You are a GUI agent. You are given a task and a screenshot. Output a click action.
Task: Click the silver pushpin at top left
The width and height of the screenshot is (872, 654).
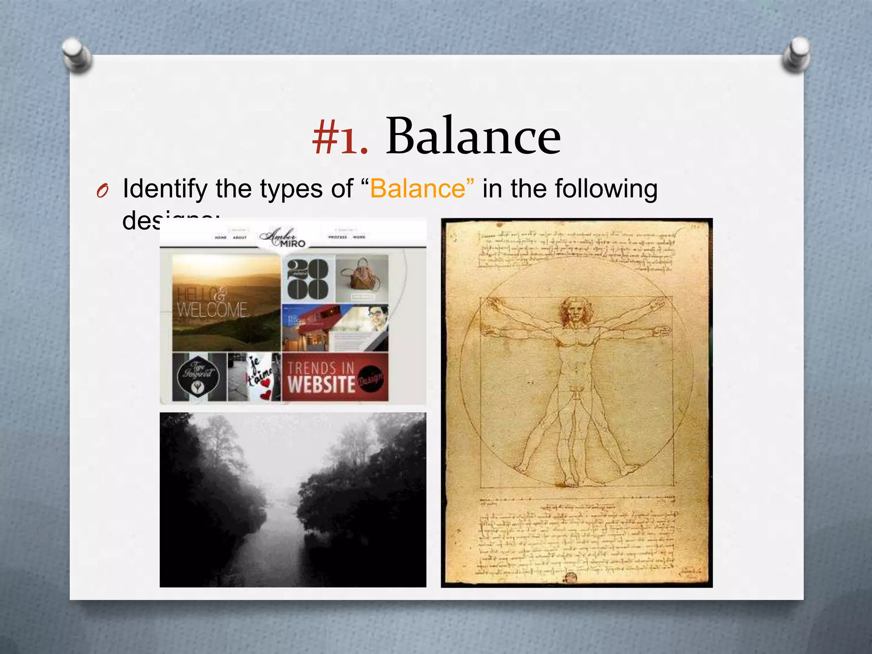[76, 54]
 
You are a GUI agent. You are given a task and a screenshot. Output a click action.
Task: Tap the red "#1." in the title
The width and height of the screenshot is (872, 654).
[339, 137]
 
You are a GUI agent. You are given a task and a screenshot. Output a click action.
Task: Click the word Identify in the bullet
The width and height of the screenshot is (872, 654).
[166, 189]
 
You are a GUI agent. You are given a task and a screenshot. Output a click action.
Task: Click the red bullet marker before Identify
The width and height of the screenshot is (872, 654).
[102, 191]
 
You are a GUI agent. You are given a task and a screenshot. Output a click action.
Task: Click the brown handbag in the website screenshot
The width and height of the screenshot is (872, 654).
[361, 275]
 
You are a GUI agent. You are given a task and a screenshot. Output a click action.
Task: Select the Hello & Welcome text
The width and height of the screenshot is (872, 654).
[212, 303]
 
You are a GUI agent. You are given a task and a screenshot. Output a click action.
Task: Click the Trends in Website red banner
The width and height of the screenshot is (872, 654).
[335, 376]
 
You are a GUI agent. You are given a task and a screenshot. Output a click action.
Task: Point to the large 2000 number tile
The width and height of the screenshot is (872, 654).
[307, 279]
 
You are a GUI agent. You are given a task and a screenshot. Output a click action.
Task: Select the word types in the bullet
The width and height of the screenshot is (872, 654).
[290, 189]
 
